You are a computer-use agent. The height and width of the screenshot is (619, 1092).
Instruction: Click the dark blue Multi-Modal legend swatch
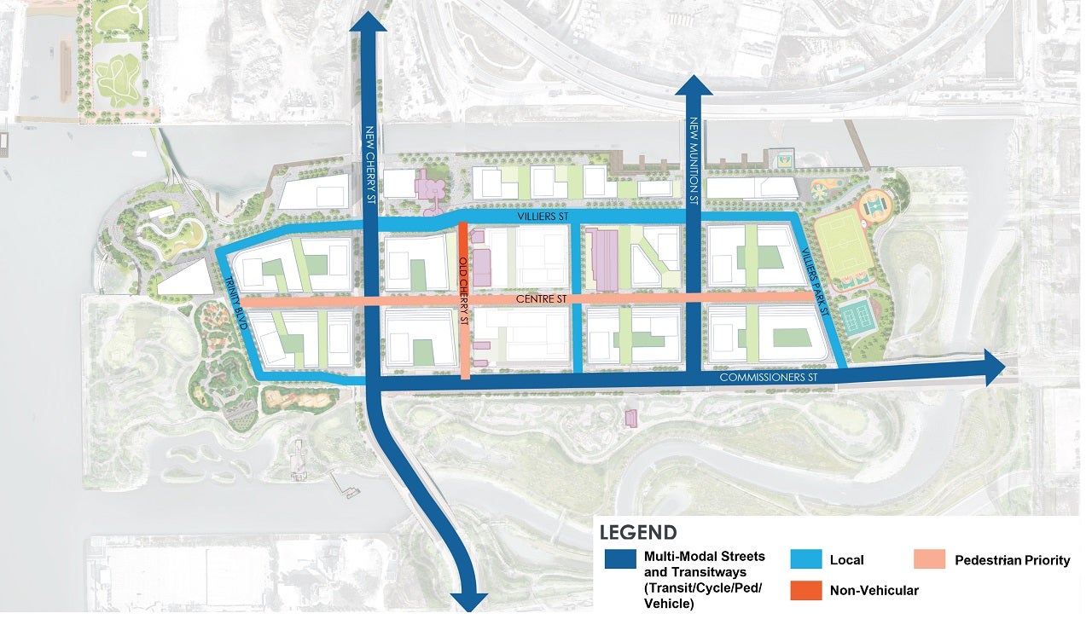tap(619, 559)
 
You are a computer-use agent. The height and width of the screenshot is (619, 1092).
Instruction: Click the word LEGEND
tap(639, 534)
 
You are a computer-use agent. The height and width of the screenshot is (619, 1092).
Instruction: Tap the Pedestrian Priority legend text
tap(1012, 560)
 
